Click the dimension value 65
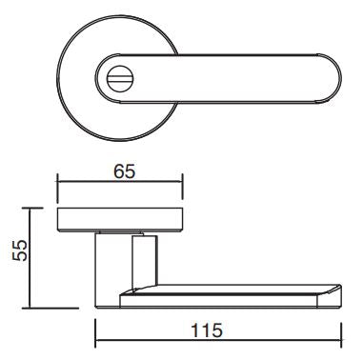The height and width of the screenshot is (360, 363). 125,171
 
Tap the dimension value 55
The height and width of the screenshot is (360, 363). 20,250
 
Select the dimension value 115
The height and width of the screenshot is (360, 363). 207,330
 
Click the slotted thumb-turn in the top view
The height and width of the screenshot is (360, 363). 121,78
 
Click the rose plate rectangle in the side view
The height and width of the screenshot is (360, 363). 120,220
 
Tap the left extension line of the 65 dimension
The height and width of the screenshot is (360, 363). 57,188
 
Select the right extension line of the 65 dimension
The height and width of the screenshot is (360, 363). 182,187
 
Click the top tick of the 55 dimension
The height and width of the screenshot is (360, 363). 32,209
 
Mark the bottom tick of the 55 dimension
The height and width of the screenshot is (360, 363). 50,308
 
